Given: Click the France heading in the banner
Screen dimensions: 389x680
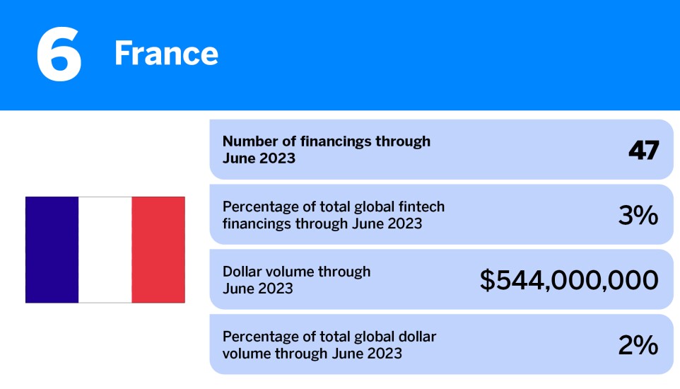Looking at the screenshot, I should click(166, 54).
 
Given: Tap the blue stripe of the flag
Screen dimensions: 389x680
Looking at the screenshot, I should click(52, 250).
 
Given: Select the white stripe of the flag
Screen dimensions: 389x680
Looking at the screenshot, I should click(105, 250).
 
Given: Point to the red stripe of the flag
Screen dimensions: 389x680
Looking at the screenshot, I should click(158, 250).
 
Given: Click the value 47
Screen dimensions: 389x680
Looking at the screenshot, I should click(643, 150).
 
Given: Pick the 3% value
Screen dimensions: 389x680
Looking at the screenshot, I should click(638, 215).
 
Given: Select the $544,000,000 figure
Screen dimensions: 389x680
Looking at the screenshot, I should click(569, 280).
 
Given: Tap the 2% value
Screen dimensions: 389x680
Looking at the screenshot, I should click(638, 345).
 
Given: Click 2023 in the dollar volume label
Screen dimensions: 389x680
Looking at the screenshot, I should click(276, 289).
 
